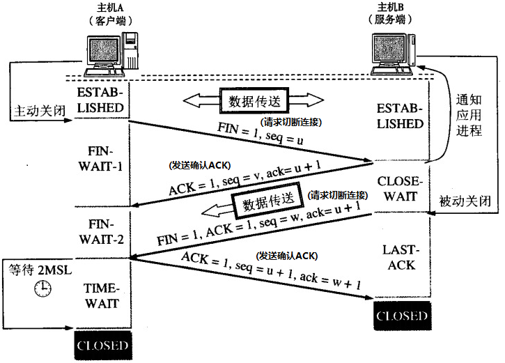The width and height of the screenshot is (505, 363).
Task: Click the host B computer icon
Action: pyautogui.click(x=393, y=53)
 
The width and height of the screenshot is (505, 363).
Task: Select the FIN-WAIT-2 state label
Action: pyautogui.click(x=102, y=231)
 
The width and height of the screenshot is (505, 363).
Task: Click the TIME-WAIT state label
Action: pyautogui.click(x=102, y=295)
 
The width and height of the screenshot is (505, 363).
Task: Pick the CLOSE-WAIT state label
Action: pyautogui.click(x=400, y=189)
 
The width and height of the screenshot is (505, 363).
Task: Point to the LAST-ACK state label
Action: pyautogui.click(x=400, y=257)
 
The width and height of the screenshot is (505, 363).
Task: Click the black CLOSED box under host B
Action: pyautogui.click(x=401, y=316)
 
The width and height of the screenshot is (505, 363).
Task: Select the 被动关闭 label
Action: pyautogui.click(x=465, y=201)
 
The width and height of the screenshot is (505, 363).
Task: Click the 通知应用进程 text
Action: pyautogui.click(x=467, y=115)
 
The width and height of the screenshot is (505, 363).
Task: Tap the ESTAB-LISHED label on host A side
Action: pyautogui.click(x=102, y=100)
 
